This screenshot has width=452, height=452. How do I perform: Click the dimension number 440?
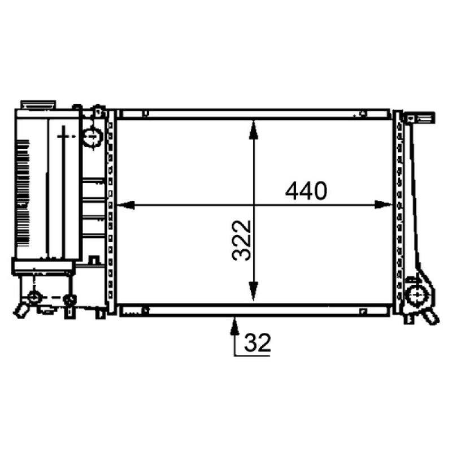click(306, 191)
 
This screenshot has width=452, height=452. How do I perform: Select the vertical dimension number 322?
click(241, 240)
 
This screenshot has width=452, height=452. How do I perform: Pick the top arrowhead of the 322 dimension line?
click(254, 127)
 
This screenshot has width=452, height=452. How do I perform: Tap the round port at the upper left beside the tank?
click(91, 136)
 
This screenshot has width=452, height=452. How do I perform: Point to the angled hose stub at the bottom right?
click(431, 316)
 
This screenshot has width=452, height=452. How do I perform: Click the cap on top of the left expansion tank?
click(38, 105)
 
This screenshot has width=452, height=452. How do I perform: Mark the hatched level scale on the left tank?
click(21, 192)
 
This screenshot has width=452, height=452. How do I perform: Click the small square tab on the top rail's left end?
click(146, 114)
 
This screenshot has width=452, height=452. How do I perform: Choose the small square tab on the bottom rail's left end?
click(146, 310)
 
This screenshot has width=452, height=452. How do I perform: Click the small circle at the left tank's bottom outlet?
click(34, 297)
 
